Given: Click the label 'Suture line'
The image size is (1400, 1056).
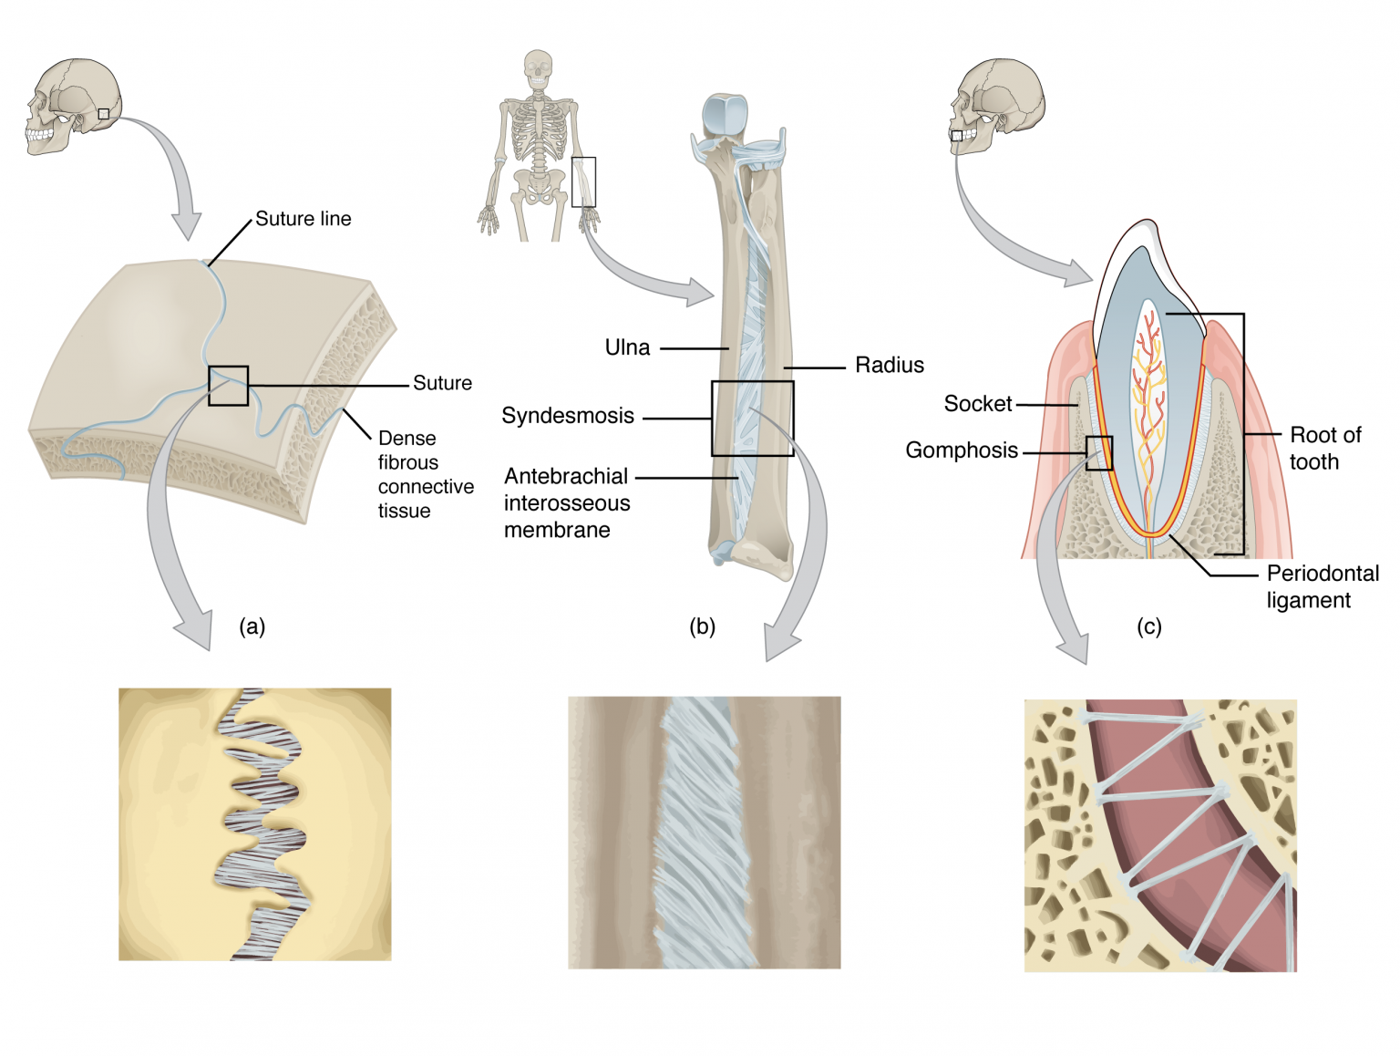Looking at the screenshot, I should tap(303, 219).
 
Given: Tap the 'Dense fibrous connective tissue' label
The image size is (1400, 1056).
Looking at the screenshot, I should tap(425, 474).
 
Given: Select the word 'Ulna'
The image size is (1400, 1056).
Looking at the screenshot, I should tap(627, 347).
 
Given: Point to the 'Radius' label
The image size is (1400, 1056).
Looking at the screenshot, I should tap(889, 366).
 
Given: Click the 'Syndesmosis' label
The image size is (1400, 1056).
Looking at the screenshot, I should tap(567, 416).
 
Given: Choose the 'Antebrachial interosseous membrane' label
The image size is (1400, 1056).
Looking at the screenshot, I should tap(566, 502).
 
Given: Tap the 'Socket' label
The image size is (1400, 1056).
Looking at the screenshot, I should tap(977, 404).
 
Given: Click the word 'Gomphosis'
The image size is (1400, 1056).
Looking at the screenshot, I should tap(961, 450).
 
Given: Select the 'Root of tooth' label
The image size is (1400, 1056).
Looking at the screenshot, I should tap(1324, 448).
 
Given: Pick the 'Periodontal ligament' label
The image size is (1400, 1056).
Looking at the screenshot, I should tap(1322, 586).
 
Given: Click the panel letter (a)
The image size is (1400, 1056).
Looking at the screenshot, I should tap(252, 626).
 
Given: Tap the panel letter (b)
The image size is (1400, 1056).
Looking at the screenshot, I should tap(702, 626).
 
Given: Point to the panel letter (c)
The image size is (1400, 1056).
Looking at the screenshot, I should tap(1148, 626).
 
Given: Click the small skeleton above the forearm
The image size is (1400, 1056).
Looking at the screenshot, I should tap(539, 146).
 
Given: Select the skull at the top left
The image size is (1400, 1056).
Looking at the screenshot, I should tap(73, 106).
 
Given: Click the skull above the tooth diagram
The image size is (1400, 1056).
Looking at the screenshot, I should tap(996, 106).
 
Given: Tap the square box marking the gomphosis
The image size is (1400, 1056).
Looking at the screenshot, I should tap(1098, 453).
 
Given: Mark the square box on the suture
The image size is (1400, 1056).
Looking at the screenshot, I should tap(228, 386).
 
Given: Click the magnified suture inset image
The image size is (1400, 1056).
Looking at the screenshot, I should tap(255, 824).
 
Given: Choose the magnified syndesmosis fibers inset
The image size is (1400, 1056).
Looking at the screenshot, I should tap(704, 833).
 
